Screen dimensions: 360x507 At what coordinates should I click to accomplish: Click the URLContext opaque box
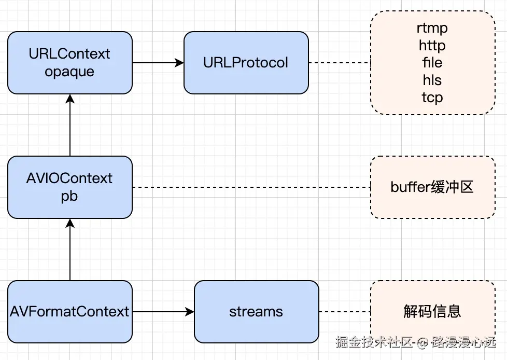click(x=70, y=63)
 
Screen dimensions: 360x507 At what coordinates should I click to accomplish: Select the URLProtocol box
click(x=246, y=63)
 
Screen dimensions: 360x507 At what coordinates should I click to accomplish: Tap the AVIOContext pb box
click(x=70, y=187)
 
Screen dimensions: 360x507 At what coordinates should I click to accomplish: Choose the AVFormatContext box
click(x=70, y=312)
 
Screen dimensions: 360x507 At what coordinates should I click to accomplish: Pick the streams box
click(x=256, y=312)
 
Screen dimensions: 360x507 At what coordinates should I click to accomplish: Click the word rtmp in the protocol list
click(x=432, y=28)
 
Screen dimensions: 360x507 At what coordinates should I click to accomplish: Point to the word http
click(x=432, y=46)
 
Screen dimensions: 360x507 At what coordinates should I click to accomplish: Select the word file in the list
click(x=432, y=63)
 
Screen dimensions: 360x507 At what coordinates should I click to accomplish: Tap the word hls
click(x=432, y=80)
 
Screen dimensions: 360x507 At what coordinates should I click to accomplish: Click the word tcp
click(x=432, y=97)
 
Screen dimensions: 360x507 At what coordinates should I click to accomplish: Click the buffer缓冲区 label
click(x=432, y=187)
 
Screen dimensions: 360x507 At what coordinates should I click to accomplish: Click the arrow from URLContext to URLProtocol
click(x=158, y=63)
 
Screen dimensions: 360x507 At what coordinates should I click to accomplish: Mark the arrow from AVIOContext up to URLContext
click(x=70, y=125)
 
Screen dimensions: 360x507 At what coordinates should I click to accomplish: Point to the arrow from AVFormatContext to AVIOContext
click(x=70, y=250)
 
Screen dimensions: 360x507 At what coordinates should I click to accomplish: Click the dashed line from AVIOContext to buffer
click(x=251, y=187)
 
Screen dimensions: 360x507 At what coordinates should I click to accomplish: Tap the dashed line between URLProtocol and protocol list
click(x=340, y=63)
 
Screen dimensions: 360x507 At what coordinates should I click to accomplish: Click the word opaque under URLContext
click(x=69, y=72)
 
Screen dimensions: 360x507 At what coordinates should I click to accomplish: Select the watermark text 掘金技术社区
click(x=373, y=342)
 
